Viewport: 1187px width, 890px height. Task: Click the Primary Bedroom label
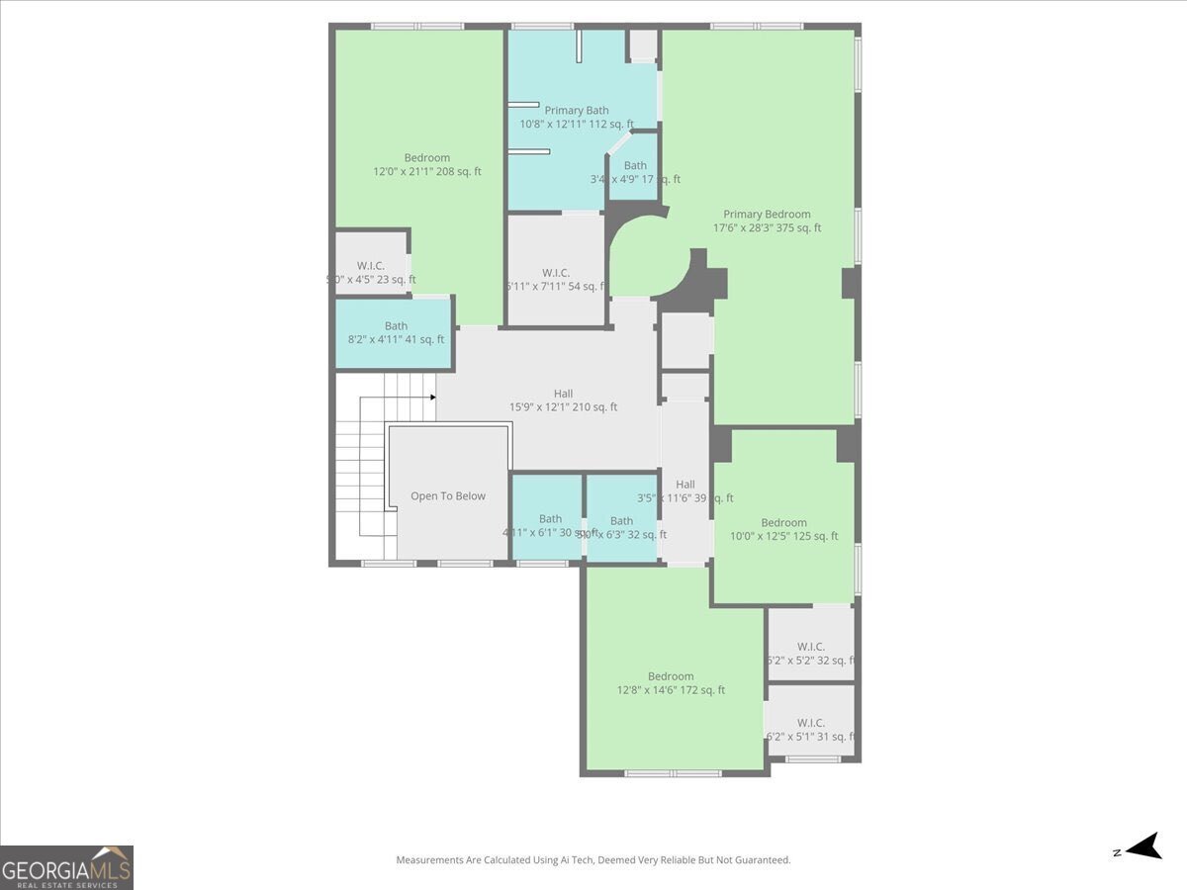[x=767, y=215]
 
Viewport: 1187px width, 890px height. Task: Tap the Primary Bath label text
[x=577, y=111]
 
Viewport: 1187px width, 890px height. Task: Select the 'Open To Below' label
[x=448, y=496]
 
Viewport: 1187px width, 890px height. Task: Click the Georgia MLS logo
[x=66, y=867]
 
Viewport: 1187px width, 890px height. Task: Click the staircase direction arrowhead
[x=432, y=398]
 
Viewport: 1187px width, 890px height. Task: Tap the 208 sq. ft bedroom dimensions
[x=426, y=172]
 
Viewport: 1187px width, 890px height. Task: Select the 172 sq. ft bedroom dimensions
[x=671, y=690]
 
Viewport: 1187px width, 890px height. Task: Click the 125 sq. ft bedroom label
[x=783, y=523]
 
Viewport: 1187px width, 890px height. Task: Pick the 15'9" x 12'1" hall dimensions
[x=563, y=407]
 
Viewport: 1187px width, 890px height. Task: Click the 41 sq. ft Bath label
[x=396, y=326]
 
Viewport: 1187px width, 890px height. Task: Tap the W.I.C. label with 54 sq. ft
[x=556, y=273]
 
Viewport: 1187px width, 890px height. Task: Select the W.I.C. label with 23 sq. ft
[x=371, y=266]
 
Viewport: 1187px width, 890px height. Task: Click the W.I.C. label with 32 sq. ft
[x=811, y=647]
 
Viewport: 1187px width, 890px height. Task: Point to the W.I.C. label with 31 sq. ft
[x=811, y=723]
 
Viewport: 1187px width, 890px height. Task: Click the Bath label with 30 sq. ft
[x=550, y=519]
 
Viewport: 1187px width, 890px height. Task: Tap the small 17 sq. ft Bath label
[x=635, y=166]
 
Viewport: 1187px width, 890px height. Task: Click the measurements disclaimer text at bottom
[x=593, y=860]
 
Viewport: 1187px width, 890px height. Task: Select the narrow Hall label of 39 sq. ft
[x=685, y=485]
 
